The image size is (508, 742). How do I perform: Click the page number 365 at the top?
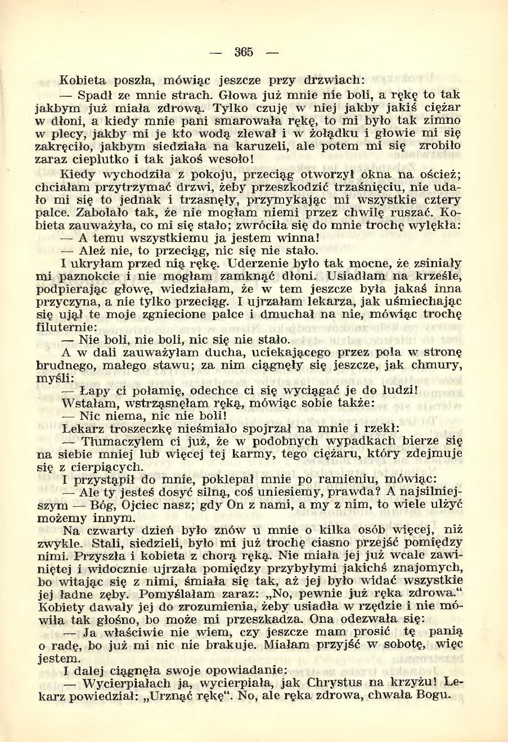(x=244, y=52)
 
